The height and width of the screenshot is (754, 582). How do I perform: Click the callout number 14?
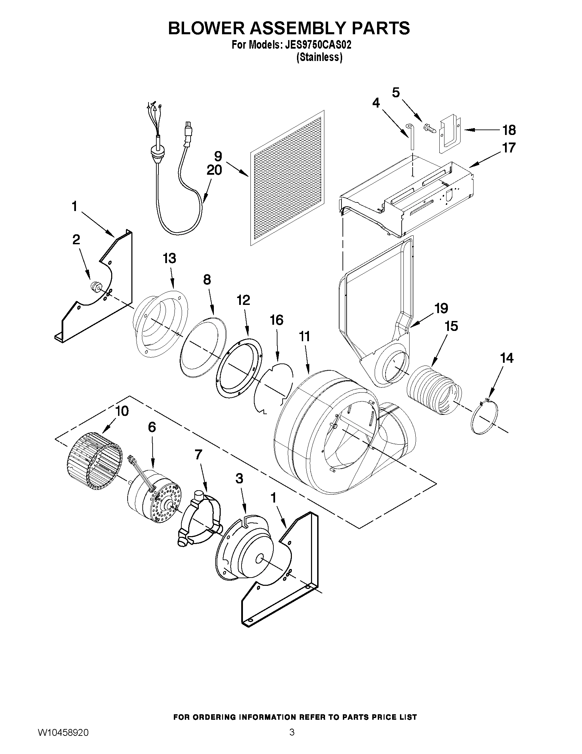tap(506, 358)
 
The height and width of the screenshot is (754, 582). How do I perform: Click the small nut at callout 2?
tap(96, 286)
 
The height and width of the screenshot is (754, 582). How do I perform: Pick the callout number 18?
tap(508, 130)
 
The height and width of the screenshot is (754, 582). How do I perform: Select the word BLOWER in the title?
tap(206, 28)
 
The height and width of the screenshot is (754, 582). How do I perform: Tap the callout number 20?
tap(214, 170)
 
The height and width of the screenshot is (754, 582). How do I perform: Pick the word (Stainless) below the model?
tap(319, 57)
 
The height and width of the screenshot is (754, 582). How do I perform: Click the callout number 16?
tap(276, 320)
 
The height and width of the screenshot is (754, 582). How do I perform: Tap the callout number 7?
tap(198, 455)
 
